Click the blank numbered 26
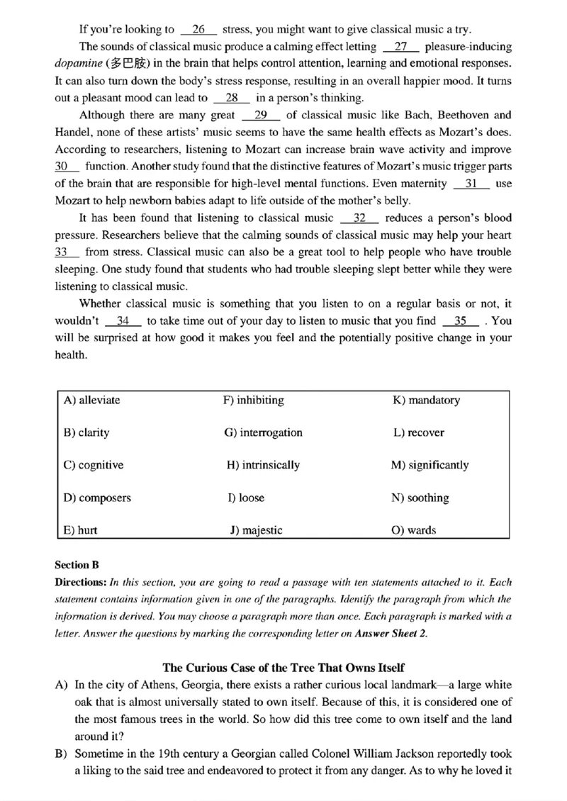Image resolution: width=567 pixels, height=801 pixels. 198,30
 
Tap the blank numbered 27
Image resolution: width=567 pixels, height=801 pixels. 400,47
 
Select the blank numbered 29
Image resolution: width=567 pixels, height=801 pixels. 261,115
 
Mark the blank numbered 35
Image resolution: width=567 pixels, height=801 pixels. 461,320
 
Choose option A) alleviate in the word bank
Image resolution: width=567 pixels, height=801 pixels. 91,400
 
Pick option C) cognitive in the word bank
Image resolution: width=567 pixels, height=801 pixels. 93,466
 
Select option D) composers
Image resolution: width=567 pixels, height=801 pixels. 97,498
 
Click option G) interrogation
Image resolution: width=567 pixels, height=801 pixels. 263,433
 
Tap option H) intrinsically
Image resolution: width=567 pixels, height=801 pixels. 263,466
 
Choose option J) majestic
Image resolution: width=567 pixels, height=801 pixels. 256,530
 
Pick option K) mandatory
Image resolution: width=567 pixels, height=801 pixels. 426,400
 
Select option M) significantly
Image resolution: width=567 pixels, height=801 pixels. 430,466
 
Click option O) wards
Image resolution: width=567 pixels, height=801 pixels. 414,530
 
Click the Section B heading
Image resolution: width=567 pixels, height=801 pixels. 77,565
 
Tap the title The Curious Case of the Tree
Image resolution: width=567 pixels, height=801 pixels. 283,668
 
